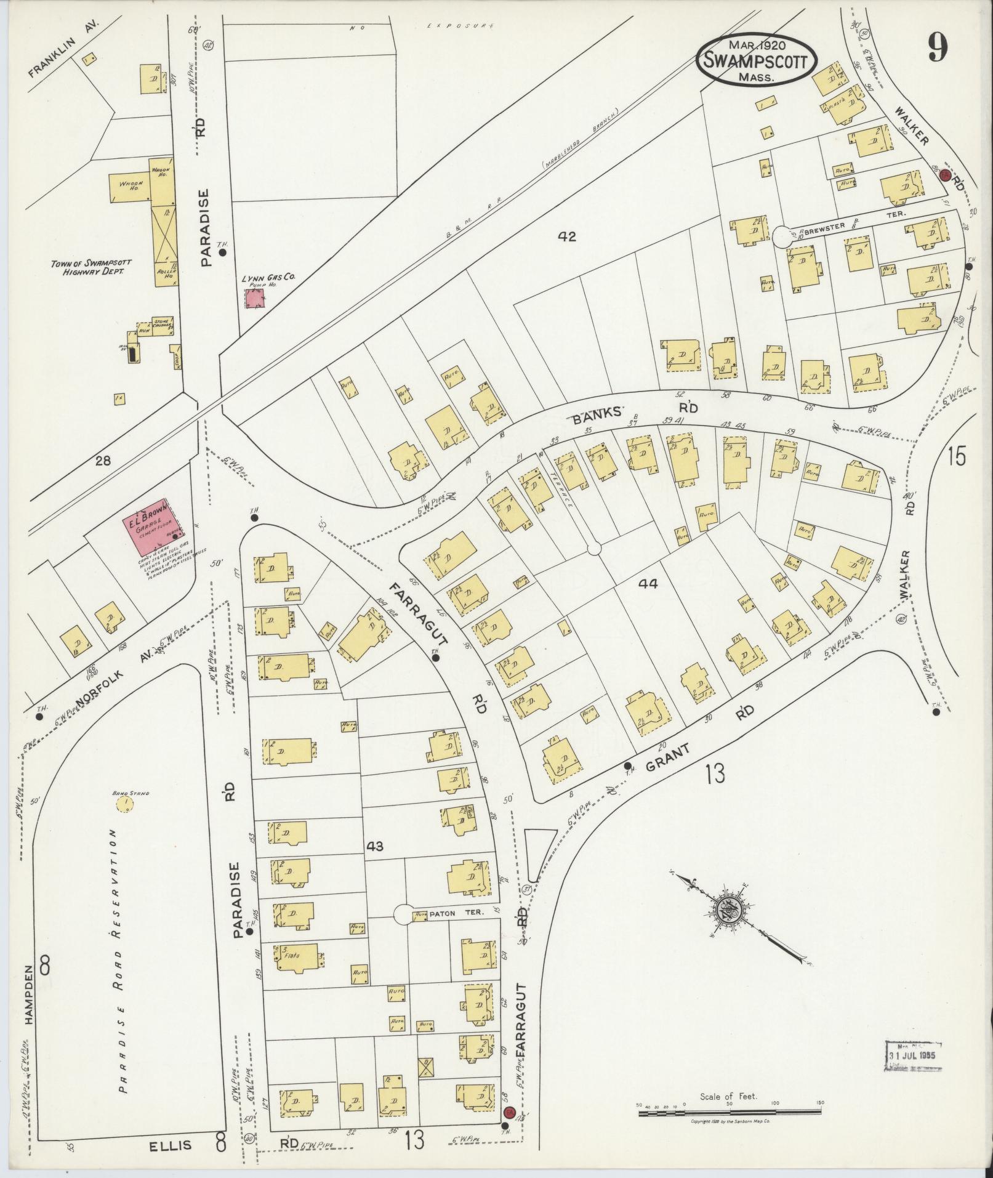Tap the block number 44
648,583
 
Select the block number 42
567,236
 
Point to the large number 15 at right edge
957,458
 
